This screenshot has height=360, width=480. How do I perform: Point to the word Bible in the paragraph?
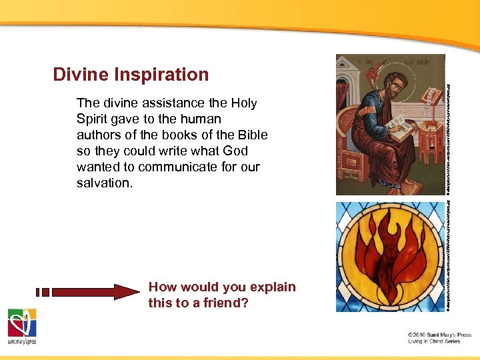[252, 135]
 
